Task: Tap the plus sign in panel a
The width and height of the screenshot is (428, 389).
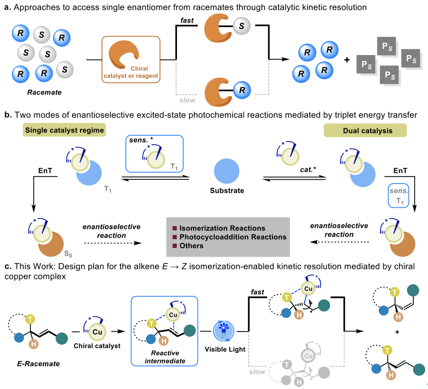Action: click(348, 61)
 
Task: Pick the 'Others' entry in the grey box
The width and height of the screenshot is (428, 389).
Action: click(192, 246)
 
